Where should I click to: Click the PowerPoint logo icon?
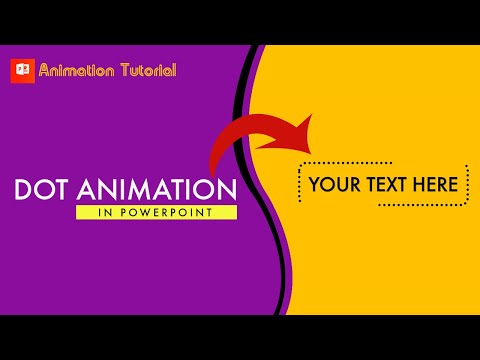point(21,71)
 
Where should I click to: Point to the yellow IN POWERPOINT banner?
point(156,212)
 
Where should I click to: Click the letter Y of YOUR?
point(315,184)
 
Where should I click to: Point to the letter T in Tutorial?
point(121,70)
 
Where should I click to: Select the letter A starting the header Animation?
point(45,70)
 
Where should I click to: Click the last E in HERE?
point(453,184)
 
